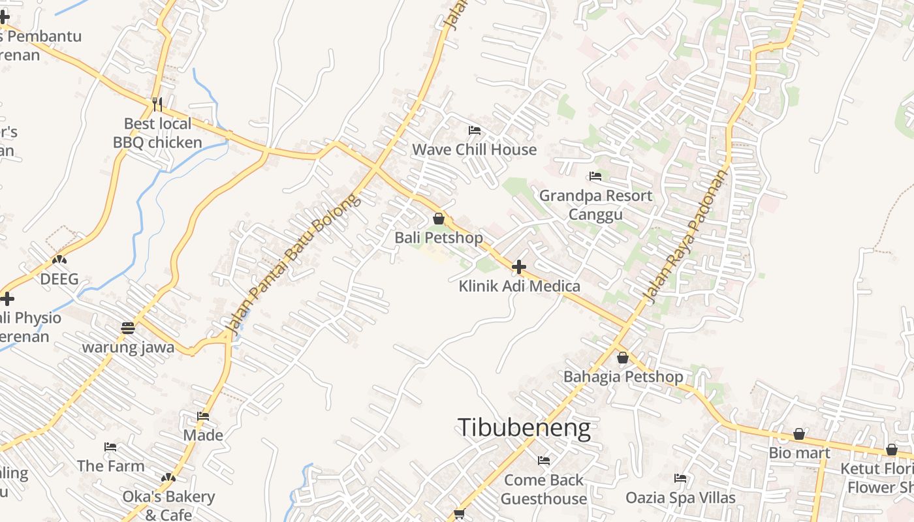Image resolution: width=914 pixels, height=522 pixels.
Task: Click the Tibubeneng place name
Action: (x=524, y=428)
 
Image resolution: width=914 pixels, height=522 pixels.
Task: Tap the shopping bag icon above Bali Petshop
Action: (x=439, y=219)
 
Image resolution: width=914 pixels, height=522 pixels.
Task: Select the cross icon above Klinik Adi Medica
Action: (x=519, y=267)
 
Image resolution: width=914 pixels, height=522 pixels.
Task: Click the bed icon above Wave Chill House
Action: (x=475, y=130)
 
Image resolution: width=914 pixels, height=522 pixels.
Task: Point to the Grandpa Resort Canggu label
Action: (x=595, y=205)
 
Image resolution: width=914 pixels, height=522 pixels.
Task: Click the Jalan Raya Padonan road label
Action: (x=685, y=238)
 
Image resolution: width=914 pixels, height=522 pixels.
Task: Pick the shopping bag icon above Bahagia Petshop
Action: (x=623, y=358)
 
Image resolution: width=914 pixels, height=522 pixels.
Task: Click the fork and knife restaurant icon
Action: (x=157, y=104)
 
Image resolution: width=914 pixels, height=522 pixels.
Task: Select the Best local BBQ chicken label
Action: (x=157, y=133)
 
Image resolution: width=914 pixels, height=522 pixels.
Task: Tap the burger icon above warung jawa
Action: (x=128, y=328)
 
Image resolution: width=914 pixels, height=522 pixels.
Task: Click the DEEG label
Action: (x=59, y=279)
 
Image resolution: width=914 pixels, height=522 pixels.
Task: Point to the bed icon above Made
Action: (x=203, y=416)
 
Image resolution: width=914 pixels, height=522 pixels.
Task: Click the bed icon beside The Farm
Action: (x=110, y=447)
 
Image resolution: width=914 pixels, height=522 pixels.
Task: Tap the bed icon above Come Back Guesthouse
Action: (x=544, y=461)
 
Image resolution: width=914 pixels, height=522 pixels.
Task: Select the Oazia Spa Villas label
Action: (x=680, y=498)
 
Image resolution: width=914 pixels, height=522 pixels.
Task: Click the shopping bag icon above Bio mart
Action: (x=799, y=434)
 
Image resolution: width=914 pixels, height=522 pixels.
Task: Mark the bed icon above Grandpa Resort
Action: (x=595, y=176)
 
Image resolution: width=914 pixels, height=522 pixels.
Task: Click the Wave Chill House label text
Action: (x=474, y=149)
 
